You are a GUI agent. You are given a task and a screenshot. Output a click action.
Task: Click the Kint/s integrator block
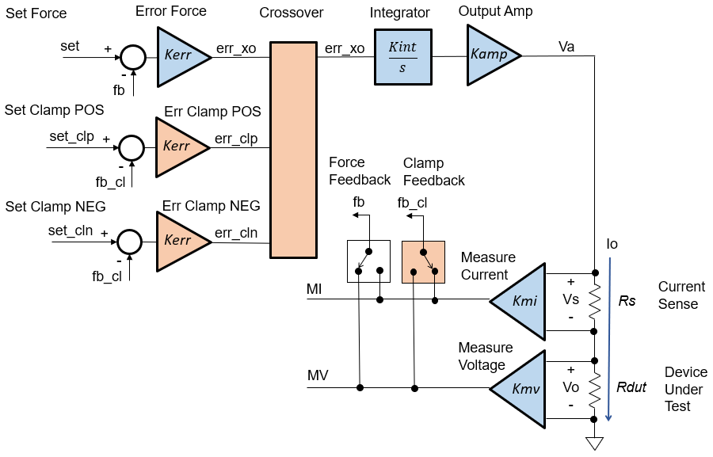[x=402, y=57]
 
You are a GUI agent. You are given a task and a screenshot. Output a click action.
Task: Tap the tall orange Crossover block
[x=293, y=150]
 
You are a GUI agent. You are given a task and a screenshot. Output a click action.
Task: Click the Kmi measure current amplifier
[x=522, y=299]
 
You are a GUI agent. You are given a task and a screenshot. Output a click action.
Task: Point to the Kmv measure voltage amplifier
[x=522, y=388]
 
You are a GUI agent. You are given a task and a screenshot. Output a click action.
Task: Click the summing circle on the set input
[x=132, y=57]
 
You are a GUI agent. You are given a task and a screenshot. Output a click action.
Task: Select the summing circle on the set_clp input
[x=131, y=147]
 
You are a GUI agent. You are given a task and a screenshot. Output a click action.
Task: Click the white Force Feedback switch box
[x=368, y=261]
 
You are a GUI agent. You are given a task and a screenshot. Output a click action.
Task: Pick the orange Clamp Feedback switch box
[x=424, y=261]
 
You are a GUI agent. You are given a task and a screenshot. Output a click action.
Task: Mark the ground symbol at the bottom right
[x=594, y=444]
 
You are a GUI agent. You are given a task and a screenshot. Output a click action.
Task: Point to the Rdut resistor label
[x=631, y=387]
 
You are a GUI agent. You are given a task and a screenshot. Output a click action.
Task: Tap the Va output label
[x=566, y=47]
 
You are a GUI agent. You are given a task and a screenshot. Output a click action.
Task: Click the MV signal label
[x=318, y=374]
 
